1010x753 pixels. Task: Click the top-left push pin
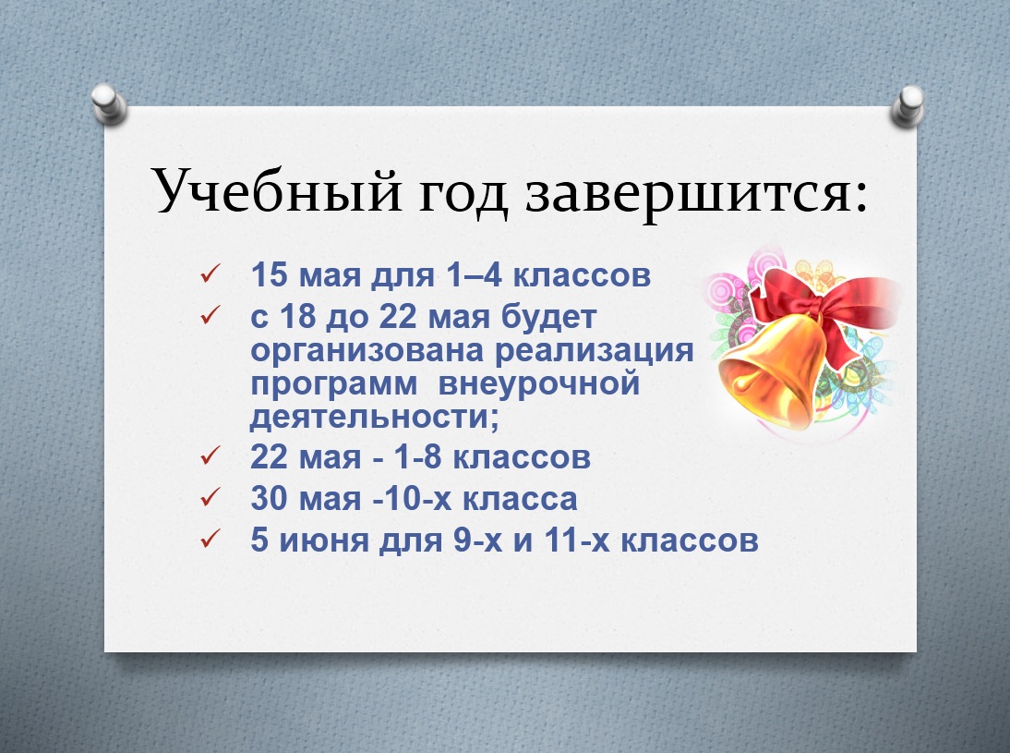[109, 103]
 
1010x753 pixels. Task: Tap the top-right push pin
[908, 105]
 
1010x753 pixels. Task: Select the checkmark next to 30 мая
[210, 498]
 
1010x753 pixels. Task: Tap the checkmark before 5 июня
[210, 539]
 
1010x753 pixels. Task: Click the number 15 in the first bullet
[269, 274]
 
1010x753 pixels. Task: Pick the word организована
[367, 351]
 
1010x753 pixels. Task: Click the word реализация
[594, 351]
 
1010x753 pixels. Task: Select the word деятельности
[374, 417]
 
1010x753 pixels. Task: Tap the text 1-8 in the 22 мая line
[417, 457]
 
